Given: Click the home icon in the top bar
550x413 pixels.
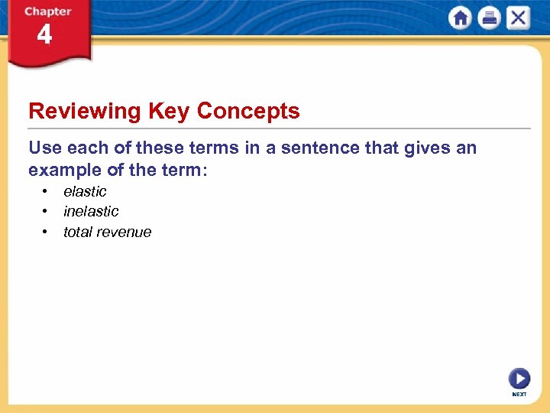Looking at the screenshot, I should pyautogui.click(x=461, y=18).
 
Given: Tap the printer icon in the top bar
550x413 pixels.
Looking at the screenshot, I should pyautogui.click(x=489, y=18).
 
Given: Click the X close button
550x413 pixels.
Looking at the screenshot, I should pyautogui.click(x=517, y=18).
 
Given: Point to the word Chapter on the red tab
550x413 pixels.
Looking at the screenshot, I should pyautogui.click(x=47, y=11).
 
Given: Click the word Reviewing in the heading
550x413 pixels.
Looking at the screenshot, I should pyautogui.click(x=85, y=112).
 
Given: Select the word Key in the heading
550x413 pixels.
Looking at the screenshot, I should pyautogui.click(x=169, y=112).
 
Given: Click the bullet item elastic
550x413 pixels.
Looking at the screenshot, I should pyautogui.click(x=85, y=191).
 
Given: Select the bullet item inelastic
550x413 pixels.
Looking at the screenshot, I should pyautogui.click(x=91, y=211).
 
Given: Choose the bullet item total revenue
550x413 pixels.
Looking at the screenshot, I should pyautogui.click(x=107, y=232).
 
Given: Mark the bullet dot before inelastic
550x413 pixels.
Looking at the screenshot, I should pyautogui.click(x=46, y=211).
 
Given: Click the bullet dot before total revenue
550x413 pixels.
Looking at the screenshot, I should pyautogui.click(x=46, y=231).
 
